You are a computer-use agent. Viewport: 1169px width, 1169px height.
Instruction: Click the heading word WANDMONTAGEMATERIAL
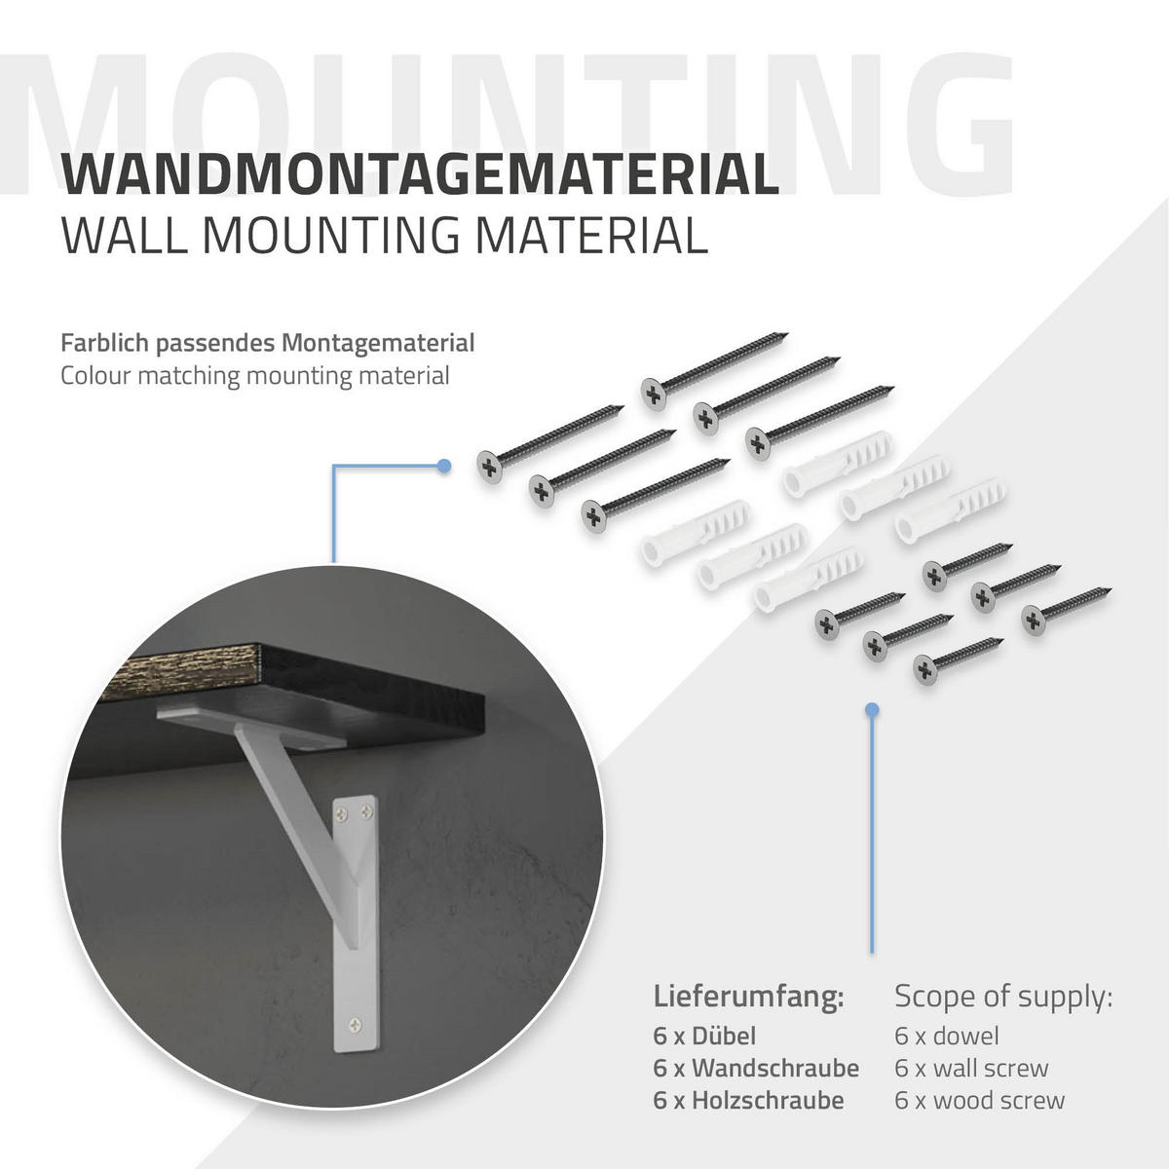pyautogui.click(x=420, y=174)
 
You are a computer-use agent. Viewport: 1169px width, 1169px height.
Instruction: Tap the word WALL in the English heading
pyautogui.click(x=125, y=236)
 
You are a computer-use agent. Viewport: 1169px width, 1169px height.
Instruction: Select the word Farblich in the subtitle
pyautogui.click(x=105, y=343)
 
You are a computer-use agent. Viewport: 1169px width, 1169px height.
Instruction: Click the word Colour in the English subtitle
pyautogui.click(x=95, y=375)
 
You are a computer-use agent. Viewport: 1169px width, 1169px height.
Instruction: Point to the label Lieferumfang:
pyautogui.click(x=748, y=997)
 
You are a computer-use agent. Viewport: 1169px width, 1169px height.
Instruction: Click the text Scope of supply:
pyautogui.click(x=1004, y=997)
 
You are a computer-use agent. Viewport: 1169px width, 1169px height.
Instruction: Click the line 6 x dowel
pyautogui.click(x=947, y=1037)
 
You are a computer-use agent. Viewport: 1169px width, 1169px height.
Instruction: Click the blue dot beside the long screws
pyautogui.click(x=444, y=466)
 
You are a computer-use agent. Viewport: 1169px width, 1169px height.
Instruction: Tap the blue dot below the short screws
pyautogui.click(x=872, y=710)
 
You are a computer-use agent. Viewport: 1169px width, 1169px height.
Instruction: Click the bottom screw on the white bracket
pyautogui.click(x=357, y=1025)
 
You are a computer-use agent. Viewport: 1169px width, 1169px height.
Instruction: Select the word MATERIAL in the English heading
pyautogui.click(x=591, y=236)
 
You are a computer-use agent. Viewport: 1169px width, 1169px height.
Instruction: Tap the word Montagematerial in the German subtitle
pyautogui.click(x=379, y=343)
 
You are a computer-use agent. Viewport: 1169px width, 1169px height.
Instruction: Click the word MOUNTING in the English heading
pyautogui.click(x=331, y=236)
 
